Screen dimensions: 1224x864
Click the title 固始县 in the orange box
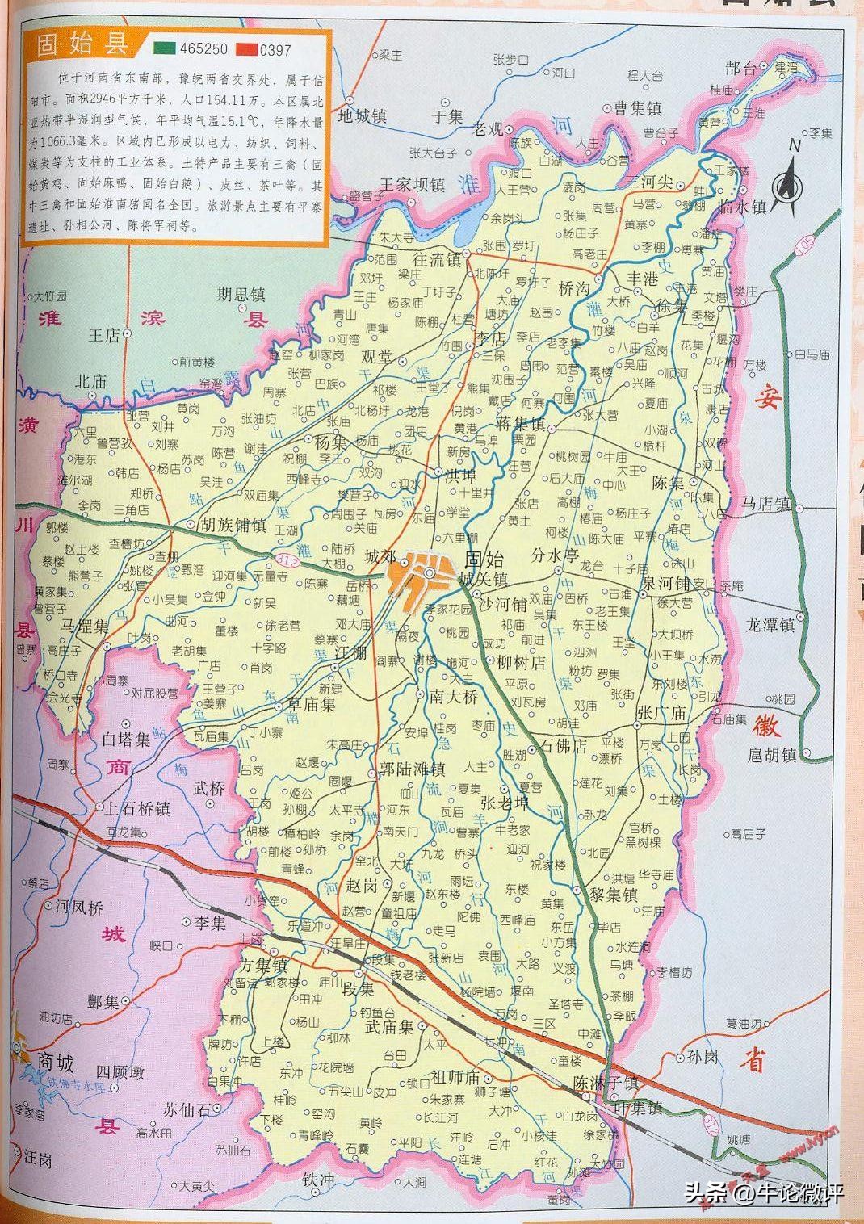[84, 45]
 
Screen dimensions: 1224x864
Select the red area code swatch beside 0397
[246, 49]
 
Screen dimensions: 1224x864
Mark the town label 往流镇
[436, 260]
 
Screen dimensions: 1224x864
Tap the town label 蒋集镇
[522, 424]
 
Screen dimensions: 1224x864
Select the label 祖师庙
[455, 1077]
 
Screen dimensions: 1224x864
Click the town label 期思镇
[241, 295]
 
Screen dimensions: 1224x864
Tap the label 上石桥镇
[132, 808]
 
